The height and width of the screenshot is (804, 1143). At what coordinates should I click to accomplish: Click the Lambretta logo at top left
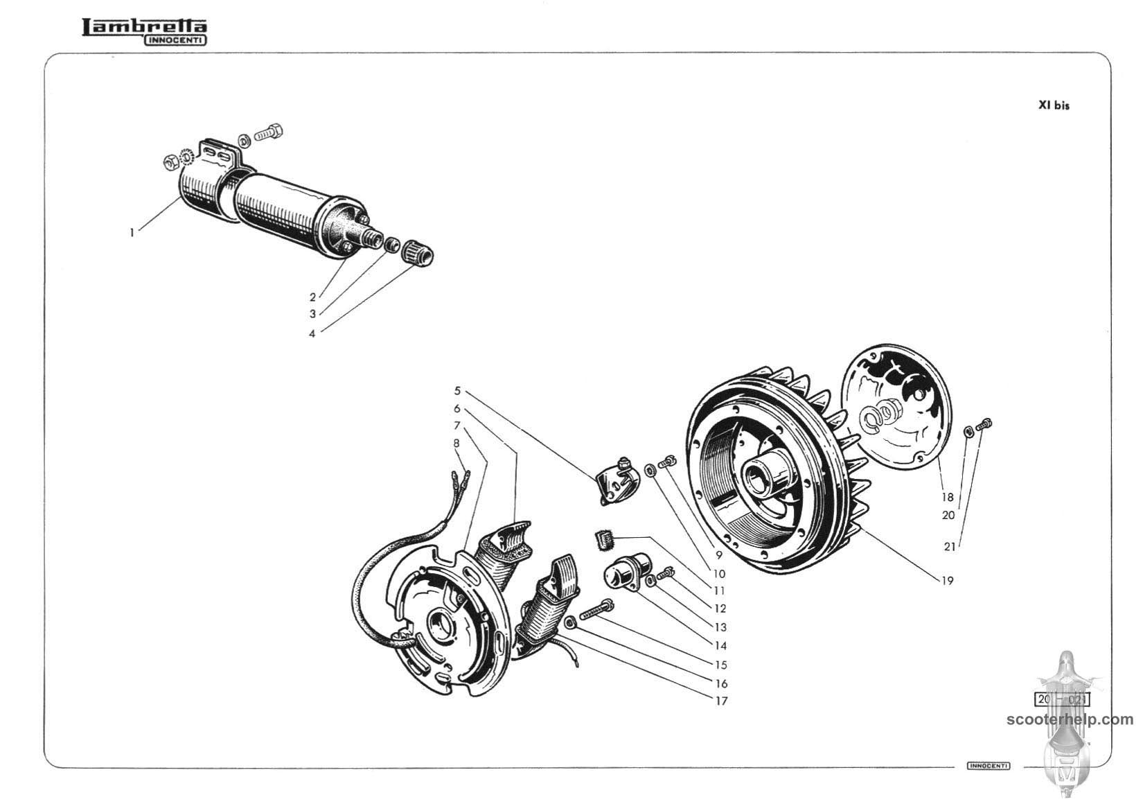click(144, 30)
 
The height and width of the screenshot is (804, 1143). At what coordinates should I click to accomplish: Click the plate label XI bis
click(1053, 105)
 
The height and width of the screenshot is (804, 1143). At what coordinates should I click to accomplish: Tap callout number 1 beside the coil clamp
click(132, 233)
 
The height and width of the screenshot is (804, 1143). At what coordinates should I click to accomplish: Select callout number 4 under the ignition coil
click(312, 333)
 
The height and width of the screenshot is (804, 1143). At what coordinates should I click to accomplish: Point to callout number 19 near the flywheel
click(947, 581)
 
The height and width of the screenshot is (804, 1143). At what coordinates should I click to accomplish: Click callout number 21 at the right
click(950, 547)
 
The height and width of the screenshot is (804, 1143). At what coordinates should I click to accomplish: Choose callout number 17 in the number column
click(721, 701)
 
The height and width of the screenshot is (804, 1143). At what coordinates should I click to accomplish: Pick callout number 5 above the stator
click(457, 391)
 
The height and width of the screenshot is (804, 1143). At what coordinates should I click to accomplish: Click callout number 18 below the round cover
click(947, 497)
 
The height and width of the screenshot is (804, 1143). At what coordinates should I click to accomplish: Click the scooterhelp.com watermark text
click(1070, 719)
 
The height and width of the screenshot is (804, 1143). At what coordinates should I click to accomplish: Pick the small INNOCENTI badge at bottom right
click(989, 765)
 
